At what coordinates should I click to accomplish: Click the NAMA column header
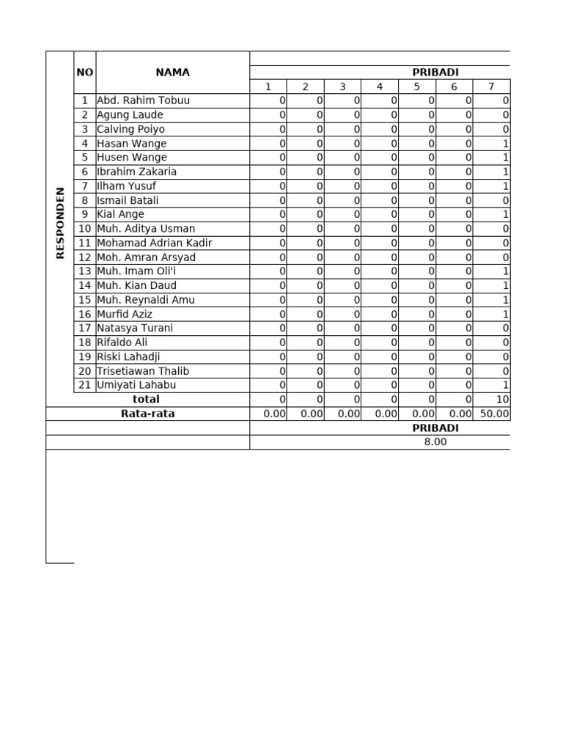pyautogui.click(x=172, y=73)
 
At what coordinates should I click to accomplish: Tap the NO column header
pyautogui.click(x=84, y=73)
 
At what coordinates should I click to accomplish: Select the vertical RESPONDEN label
pyautogui.click(x=60, y=222)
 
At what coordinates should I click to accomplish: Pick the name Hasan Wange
pyautogui.click(x=132, y=144)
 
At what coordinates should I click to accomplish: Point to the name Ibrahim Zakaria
pyautogui.click(x=136, y=172)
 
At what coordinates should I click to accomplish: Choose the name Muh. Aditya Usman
pyautogui.click(x=146, y=229)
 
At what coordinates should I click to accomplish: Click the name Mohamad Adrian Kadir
pyautogui.click(x=155, y=243)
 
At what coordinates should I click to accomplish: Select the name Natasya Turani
pyautogui.click(x=135, y=328)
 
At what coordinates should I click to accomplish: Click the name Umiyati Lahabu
pyautogui.click(x=136, y=385)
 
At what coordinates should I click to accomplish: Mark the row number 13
pyautogui.click(x=84, y=271)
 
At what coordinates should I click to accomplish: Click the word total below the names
pyautogui.click(x=145, y=399)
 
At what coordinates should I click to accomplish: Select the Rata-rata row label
pyautogui.click(x=147, y=414)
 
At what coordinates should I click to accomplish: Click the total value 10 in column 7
pyautogui.click(x=502, y=400)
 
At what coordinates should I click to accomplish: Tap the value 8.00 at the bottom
pyautogui.click(x=435, y=442)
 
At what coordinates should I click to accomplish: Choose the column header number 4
pyautogui.click(x=380, y=87)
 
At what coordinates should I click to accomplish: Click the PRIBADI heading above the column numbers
pyautogui.click(x=435, y=73)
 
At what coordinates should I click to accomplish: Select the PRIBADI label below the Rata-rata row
pyautogui.click(x=435, y=428)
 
